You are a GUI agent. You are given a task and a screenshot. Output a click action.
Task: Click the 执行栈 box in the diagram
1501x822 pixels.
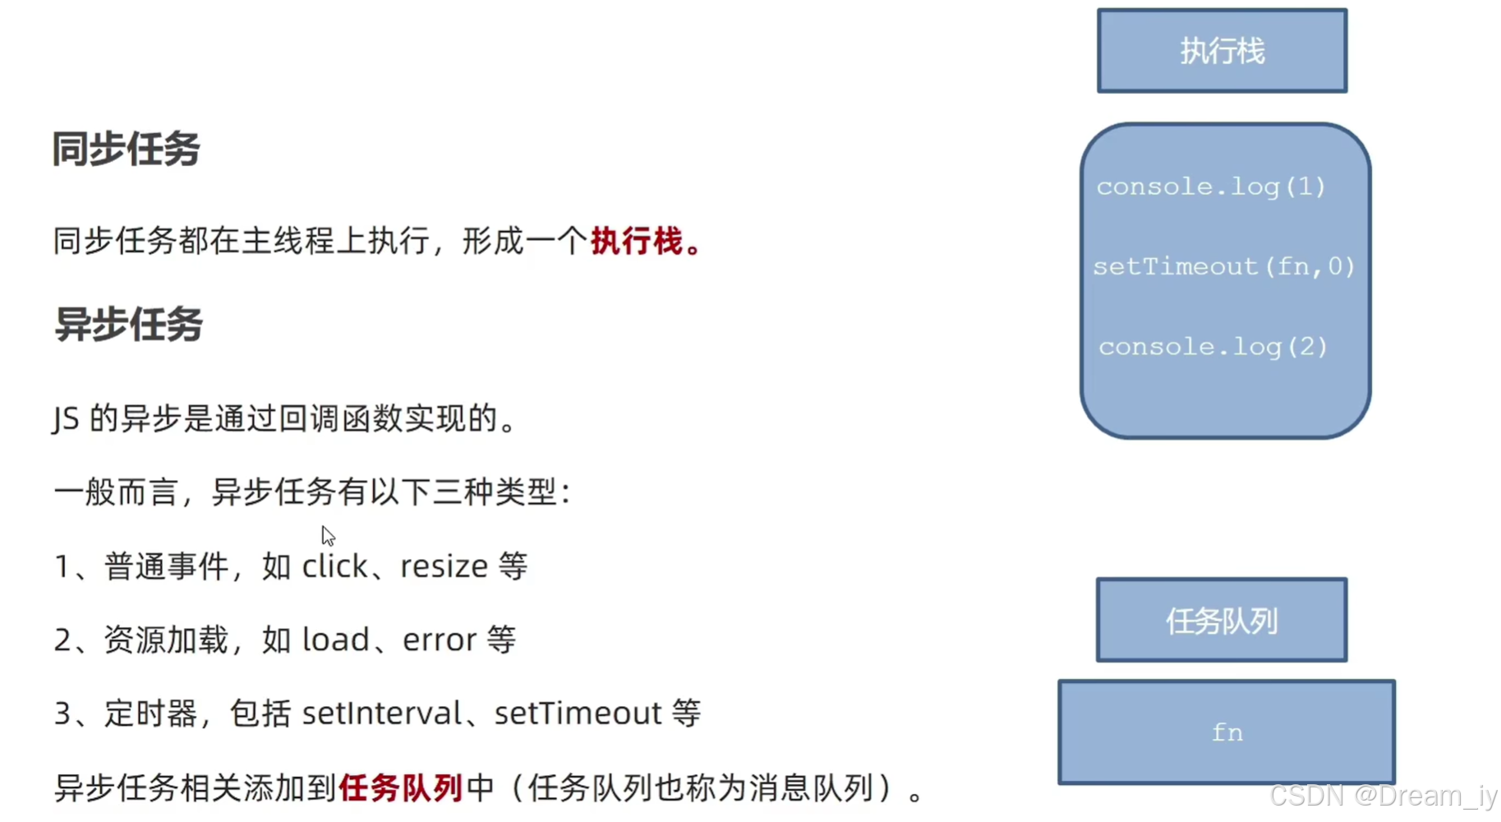tap(1222, 51)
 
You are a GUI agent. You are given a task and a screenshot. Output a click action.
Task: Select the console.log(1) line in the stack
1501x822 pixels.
tap(1211, 187)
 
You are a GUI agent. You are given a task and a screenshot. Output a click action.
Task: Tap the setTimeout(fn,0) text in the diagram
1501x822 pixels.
tap(1223, 266)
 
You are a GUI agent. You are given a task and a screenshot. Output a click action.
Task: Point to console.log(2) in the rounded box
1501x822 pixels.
tap(1213, 347)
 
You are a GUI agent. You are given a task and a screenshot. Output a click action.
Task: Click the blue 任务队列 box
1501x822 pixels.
tap(1222, 621)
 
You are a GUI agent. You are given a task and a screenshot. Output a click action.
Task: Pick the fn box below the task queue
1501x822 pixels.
tap(1227, 732)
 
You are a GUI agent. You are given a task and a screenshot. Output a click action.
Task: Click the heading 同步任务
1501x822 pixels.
tap(126, 150)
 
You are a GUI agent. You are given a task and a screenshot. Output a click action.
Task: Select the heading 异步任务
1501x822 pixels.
tap(128, 324)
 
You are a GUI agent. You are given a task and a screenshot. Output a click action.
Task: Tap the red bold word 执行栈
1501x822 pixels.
tap(637, 242)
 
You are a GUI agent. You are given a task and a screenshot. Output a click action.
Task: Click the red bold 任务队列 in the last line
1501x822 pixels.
tap(400, 787)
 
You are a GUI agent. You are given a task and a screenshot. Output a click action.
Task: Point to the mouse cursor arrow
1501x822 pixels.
tap(328, 535)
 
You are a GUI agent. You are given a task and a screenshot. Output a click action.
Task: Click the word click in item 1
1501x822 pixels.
tap(334, 566)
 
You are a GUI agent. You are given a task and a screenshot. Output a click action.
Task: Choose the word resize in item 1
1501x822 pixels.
tap(444, 566)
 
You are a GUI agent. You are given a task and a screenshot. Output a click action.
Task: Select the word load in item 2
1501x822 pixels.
tap(336, 640)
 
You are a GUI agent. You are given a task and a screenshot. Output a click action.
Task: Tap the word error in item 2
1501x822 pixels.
tap(440, 640)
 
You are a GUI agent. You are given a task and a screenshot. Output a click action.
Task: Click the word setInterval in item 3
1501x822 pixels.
tap(382, 713)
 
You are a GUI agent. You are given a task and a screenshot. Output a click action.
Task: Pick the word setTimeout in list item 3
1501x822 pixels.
tap(578, 713)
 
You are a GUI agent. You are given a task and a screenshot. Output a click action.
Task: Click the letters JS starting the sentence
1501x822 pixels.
tap(66, 419)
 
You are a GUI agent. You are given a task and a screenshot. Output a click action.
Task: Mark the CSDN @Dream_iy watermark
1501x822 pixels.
tap(1383, 796)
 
